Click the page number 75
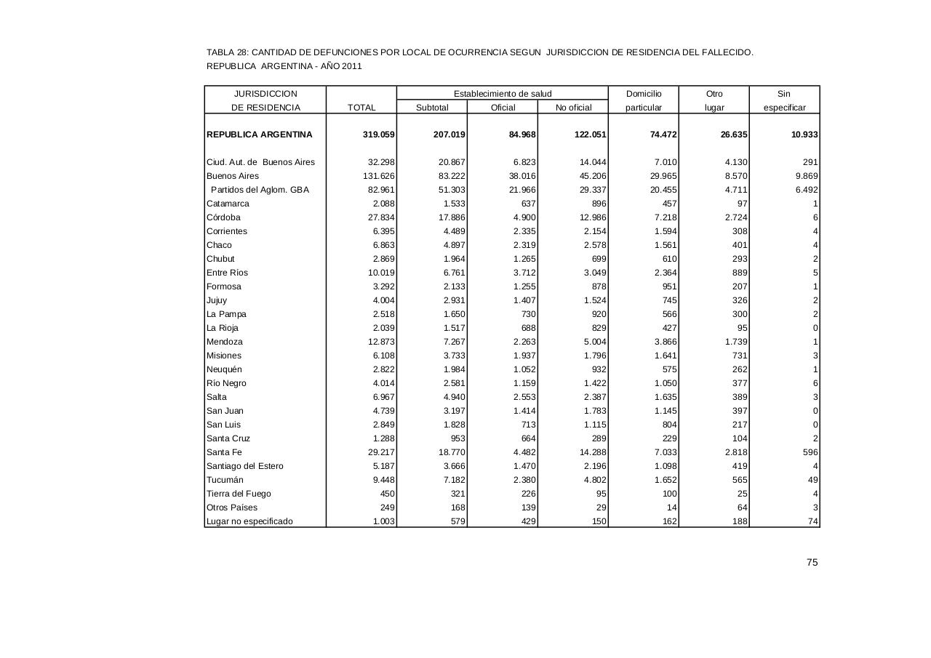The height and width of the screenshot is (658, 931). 812,562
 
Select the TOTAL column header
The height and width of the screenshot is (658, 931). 361,108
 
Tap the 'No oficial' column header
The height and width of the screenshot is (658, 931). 573,108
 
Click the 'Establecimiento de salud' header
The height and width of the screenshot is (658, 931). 503,94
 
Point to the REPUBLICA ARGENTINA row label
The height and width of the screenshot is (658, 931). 259,135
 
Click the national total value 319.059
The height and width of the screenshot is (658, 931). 378,135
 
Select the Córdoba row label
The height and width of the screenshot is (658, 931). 223,217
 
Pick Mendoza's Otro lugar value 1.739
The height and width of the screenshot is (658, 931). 735,342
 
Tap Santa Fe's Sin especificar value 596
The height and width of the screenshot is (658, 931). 810,452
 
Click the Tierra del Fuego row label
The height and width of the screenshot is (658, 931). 239,494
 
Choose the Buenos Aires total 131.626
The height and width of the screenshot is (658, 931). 378,176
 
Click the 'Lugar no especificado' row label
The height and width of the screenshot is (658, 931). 249,521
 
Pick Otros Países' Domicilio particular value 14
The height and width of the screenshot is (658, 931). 671,507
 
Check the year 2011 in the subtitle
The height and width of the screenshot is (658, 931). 351,66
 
